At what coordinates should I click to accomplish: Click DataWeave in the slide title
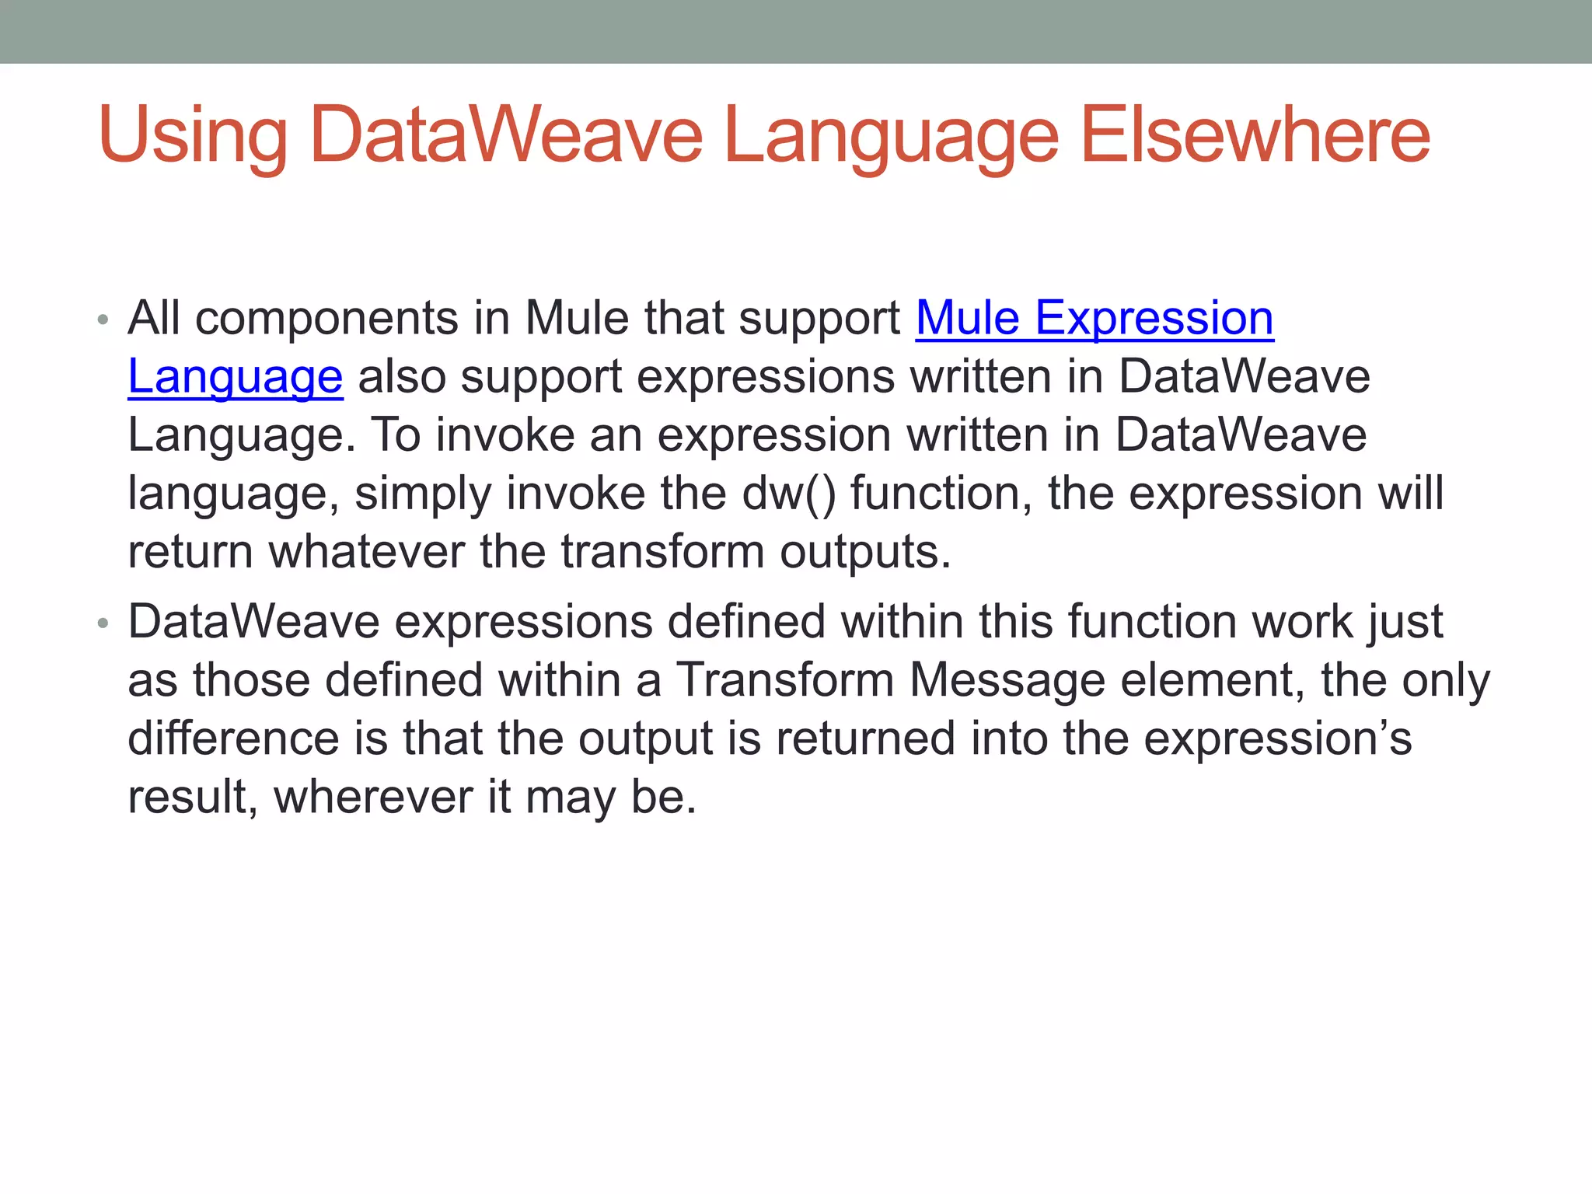pos(506,137)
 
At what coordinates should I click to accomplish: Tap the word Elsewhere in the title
pos(1255,137)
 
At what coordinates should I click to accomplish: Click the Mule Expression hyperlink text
pos(1094,319)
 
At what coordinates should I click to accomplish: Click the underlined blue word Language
pos(235,377)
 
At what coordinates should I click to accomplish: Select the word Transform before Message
pos(785,680)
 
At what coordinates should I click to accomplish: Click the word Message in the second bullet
pos(1007,680)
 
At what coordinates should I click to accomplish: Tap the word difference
pos(233,738)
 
